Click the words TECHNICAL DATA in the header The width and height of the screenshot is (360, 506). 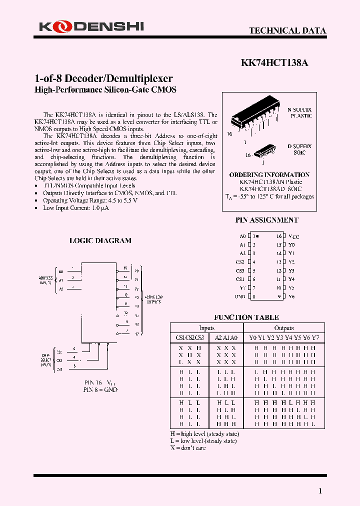(287, 30)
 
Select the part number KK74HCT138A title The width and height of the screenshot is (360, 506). (274, 63)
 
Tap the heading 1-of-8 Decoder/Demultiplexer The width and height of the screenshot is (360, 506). (103, 78)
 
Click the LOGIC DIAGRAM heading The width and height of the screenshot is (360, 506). (100, 240)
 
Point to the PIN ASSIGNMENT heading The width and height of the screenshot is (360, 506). (267, 220)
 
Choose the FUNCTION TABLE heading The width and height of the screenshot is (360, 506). (246, 317)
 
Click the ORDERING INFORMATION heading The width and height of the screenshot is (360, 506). (269, 175)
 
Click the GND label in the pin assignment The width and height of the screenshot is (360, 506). (240, 296)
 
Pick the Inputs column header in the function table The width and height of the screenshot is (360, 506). (206, 328)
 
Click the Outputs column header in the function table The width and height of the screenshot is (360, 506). (283, 328)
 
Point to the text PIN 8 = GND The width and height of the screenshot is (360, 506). (100, 389)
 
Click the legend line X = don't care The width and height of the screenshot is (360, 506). (188, 447)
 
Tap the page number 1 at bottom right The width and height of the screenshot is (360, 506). (320, 491)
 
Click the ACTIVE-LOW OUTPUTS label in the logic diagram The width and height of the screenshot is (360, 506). (153, 299)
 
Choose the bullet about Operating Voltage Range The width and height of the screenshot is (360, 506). (90, 200)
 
